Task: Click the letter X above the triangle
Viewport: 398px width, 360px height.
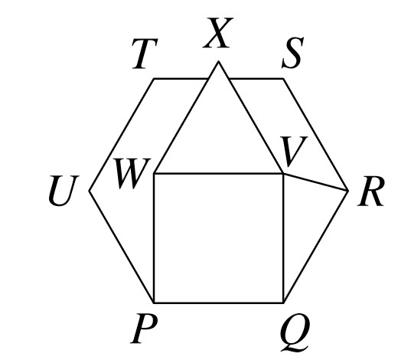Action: coord(218,33)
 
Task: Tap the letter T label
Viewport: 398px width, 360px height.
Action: coord(145,54)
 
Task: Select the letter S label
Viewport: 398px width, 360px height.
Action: coord(293,53)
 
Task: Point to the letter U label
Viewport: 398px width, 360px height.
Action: coord(64,191)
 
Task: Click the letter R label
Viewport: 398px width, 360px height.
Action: coord(370,191)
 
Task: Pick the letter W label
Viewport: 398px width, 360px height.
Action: coord(132,174)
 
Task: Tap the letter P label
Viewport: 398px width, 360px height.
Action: coord(143,329)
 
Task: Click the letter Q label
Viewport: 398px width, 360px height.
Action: coord(295,332)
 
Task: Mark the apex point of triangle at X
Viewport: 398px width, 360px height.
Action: coord(218,61)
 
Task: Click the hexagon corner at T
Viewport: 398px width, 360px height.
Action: coord(154,79)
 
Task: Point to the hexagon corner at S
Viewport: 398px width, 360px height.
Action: coord(283,79)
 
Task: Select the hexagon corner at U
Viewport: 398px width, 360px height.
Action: coord(89,191)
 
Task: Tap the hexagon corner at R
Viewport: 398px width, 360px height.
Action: coord(348,191)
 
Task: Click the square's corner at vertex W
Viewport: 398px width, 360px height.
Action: coord(154,174)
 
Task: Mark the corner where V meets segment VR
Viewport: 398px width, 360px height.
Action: coord(283,174)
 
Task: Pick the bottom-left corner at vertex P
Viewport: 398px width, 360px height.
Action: coord(154,303)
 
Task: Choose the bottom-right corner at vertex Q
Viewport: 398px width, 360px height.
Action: coord(283,303)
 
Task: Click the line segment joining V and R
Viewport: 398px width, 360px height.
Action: coord(315,182)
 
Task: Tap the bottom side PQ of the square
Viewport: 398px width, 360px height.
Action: coord(218,303)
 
